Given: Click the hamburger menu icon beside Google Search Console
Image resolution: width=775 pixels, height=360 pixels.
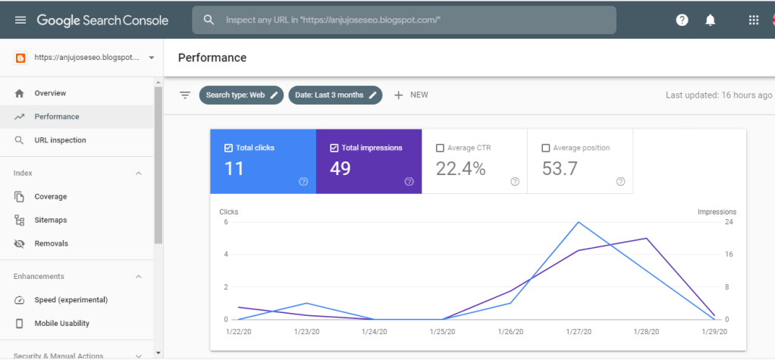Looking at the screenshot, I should coord(20,20).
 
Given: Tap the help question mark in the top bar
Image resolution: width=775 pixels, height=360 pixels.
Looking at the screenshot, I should coord(682,20).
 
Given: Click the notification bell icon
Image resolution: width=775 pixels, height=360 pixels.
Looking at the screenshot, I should coord(710,20).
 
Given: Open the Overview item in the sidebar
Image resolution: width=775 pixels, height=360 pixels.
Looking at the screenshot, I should coord(50,93).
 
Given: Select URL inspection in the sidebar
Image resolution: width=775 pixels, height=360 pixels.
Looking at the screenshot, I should coord(60,140).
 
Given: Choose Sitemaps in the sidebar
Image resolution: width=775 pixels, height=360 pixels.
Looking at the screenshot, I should coord(50,220).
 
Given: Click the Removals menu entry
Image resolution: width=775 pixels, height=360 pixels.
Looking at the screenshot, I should coord(51,243).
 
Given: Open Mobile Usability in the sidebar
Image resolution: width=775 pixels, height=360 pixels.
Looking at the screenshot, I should coord(61,323).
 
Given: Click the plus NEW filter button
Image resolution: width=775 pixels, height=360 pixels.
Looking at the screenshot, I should coord(411,95).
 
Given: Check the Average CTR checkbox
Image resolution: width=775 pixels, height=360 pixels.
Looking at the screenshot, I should coord(440,148).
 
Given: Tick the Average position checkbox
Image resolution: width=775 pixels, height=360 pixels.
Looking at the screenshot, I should coord(546,148).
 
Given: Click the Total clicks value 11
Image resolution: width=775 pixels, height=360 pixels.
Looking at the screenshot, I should coord(234,169).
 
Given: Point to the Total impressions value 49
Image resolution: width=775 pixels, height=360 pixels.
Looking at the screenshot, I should coord(340,169).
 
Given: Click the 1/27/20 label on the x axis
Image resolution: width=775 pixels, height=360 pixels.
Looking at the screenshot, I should coord(578,331).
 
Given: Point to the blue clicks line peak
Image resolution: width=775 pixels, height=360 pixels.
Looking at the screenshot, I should coord(579,222).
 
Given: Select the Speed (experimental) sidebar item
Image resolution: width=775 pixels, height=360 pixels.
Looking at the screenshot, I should coord(71,299).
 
